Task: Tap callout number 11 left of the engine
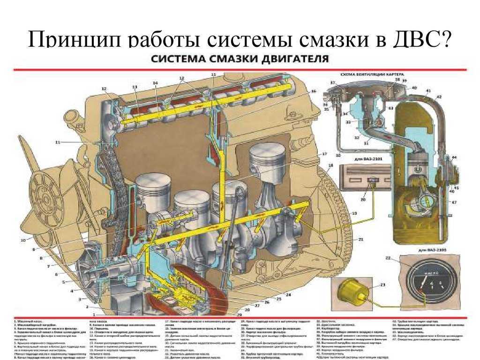tap(57, 142)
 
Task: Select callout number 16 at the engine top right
tap(313, 90)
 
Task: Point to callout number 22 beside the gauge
tap(388, 258)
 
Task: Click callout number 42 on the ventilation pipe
tap(439, 97)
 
